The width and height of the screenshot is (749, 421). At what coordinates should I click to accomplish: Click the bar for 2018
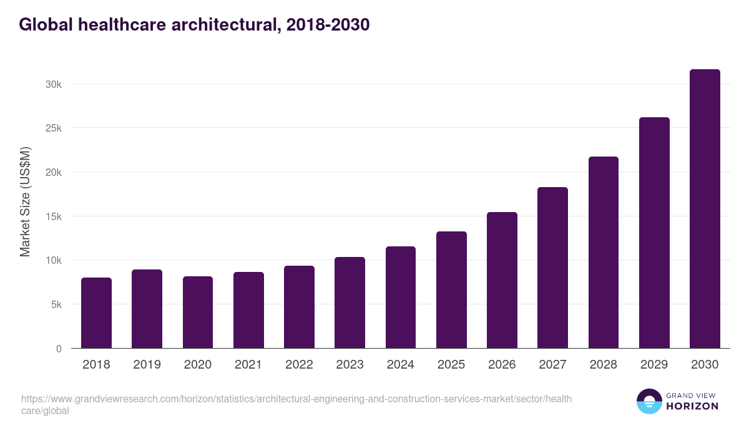[x=96, y=313]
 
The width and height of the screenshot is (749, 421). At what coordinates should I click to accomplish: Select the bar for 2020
[x=198, y=312]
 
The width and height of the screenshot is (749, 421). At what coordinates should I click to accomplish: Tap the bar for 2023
[x=350, y=302]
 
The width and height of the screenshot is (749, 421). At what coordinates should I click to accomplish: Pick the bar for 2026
[x=502, y=280]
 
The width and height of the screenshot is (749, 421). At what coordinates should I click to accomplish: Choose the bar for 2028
[x=604, y=253]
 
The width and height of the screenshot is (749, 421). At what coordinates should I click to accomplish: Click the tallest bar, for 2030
[x=705, y=209]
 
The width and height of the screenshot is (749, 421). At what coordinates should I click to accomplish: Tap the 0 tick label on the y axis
[x=59, y=349]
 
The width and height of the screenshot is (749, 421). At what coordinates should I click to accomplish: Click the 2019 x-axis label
[x=147, y=365]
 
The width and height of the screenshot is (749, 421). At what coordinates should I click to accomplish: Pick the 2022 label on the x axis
[x=299, y=365]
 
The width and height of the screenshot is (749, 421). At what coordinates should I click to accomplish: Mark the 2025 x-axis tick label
[x=451, y=365]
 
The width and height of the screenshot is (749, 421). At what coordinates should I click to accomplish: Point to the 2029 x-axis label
[x=654, y=365]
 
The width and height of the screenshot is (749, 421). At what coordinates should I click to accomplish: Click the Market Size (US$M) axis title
[x=25, y=202]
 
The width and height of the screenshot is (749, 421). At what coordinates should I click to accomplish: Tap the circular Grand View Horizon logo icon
[x=649, y=401]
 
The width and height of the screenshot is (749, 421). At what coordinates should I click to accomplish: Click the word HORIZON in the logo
[x=693, y=406]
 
